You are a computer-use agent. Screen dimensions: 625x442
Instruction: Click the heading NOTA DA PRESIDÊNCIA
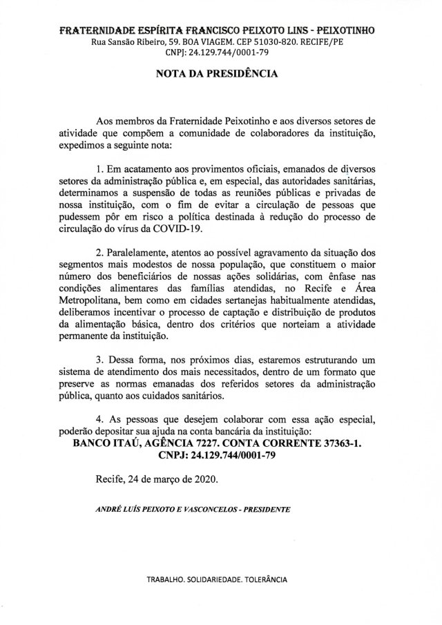[220, 71]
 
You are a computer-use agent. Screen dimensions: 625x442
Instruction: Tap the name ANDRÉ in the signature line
[108, 511]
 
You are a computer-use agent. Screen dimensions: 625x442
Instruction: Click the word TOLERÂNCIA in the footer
[263, 578]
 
